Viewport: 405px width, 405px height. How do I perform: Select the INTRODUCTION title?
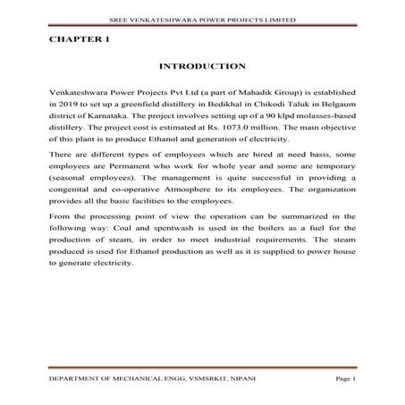(202, 66)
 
